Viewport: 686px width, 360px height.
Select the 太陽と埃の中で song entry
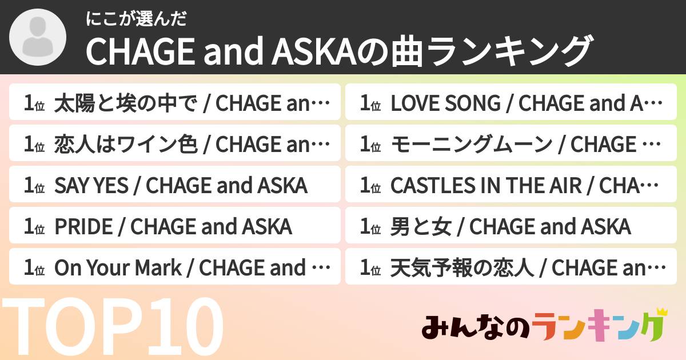175,103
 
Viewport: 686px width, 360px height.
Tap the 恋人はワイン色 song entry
175,145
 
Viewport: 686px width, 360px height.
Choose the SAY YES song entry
175,186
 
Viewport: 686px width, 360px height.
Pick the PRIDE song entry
175,227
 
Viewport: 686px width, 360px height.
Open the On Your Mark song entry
175,268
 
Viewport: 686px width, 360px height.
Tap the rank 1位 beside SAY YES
34,186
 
